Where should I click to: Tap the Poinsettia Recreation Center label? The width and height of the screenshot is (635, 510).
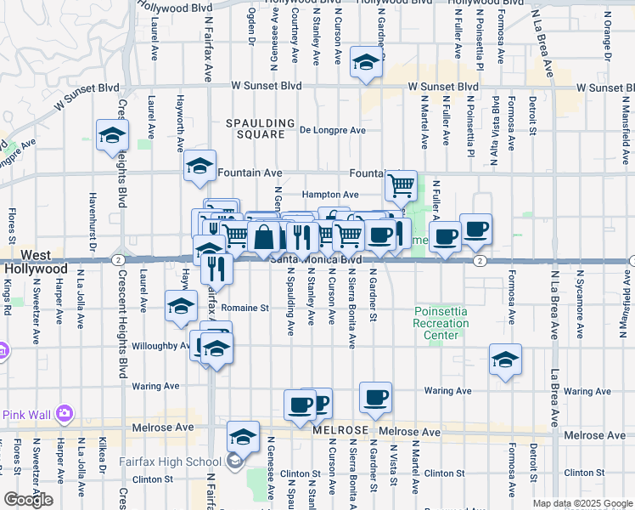pos(441,323)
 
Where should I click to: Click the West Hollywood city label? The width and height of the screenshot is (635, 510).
pos(33,262)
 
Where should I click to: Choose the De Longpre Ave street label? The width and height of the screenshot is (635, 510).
pos(333,130)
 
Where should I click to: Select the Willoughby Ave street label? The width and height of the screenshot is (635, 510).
pos(160,346)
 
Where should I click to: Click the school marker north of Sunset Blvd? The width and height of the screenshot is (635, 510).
pos(366,62)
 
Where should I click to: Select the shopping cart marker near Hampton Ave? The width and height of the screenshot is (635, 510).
pos(401,184)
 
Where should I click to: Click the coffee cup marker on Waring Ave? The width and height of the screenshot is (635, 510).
pos(375,396)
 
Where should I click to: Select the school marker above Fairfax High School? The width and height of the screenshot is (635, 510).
pos(244,436)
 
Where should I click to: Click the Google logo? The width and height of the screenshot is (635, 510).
pos(29,500)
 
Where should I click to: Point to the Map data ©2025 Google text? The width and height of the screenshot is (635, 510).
pos(582,503)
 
